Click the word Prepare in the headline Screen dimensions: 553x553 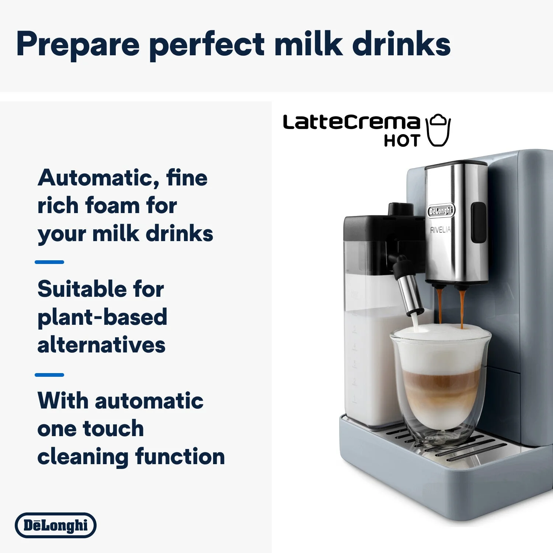click(x=78, y=44)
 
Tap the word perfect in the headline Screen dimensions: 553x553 click(x=207, y=44)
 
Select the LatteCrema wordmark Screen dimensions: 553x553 click(x=351, y=122)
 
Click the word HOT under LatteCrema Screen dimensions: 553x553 click(x=402, y=141)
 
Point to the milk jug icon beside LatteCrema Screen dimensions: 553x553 click(x=438, y=131)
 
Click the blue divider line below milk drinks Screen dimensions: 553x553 click(x=49, y=262)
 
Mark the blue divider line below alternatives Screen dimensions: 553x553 click(x=49, y=375)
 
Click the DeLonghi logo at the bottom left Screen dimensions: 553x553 click(x=56, y=525)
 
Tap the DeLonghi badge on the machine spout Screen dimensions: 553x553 click(x=441, y=211)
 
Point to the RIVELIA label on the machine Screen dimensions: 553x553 click(x=440, y=230)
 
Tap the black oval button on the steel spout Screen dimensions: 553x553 click(x=479, y=222)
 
